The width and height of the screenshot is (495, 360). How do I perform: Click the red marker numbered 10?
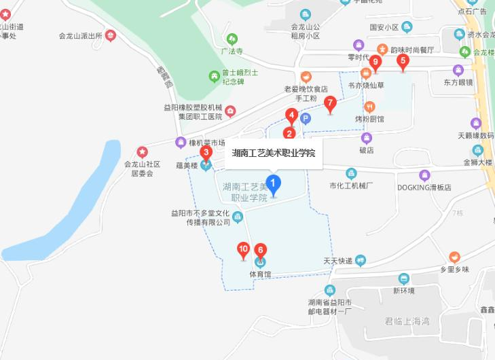pos(243,250)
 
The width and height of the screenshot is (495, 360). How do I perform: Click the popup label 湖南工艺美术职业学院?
pos(274,153)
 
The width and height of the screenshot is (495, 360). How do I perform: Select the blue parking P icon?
pos(306,119)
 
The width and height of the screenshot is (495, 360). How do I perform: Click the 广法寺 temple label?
pos(232,51)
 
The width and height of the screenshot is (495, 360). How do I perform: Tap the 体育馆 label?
pos(260,274)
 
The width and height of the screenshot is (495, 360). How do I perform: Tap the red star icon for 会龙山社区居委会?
pos(142,151)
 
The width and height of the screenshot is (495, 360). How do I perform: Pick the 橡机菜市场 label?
pos(206,143)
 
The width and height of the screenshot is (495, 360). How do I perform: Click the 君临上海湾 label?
pos(407,321)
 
